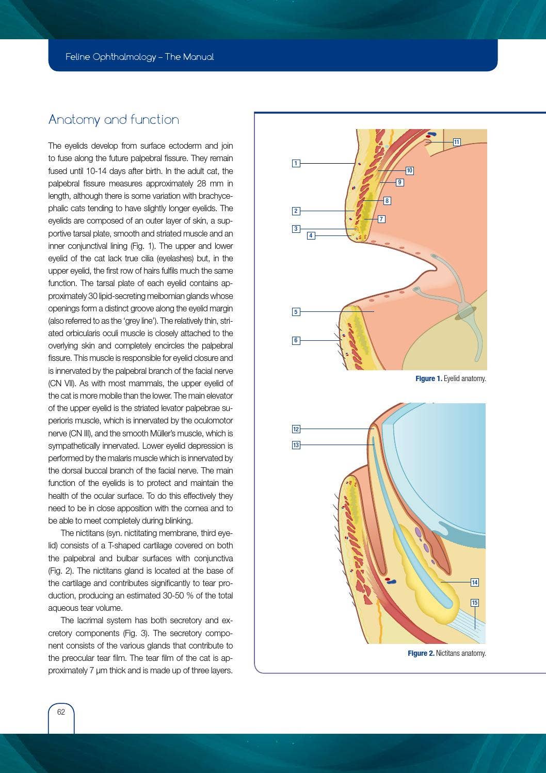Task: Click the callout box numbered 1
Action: tap(296, 164)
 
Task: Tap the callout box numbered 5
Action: tap(296, 312)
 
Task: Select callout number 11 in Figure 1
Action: tap(457, 142)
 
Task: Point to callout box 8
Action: tap(387, 200)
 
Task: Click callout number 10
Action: tap(409, 170)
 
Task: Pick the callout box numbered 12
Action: tap(296, 429)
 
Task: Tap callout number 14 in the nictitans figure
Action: tap(475, 582)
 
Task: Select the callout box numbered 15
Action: tap(475, 603)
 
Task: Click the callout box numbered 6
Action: tap(296, 340)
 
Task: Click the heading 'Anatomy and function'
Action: tap(114, 120)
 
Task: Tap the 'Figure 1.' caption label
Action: tap(428, 379)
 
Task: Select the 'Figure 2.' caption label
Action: tap(421, 654)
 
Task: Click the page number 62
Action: tap(61, 712)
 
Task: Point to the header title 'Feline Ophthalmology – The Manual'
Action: tap(139, 57)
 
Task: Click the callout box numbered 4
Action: tap(311, 235)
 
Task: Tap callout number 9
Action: tap(399, 182)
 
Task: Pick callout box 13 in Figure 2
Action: tap(296, 445)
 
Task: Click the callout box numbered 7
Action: tap(381, 219)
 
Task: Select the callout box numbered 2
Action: tap(296, 211)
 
